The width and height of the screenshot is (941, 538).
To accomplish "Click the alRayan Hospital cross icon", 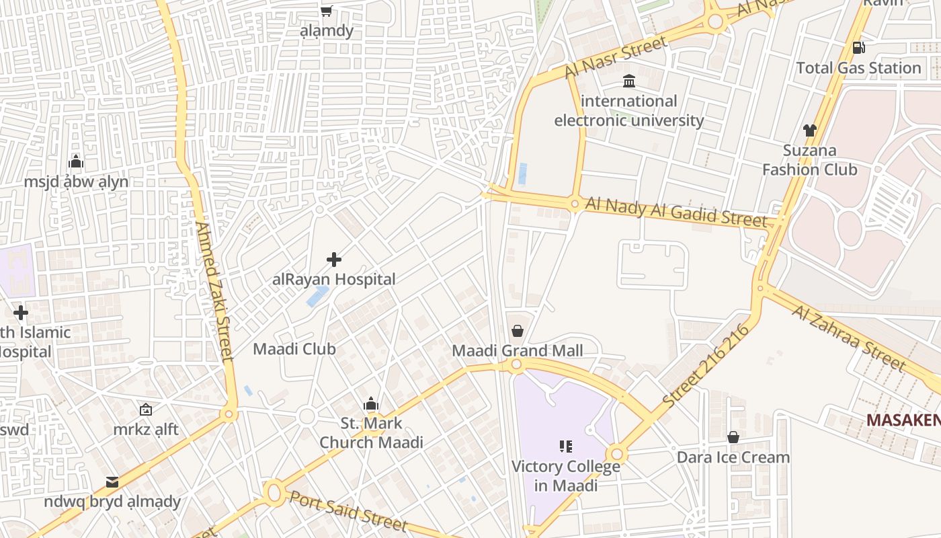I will (334, 260).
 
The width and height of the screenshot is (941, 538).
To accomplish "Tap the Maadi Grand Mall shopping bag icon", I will (518, 331).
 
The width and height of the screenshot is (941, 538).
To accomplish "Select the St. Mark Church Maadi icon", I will (371, 403).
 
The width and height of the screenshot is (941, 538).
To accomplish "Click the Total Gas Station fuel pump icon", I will (858, 47).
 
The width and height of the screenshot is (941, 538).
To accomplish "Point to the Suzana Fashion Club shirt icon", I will (809, 130).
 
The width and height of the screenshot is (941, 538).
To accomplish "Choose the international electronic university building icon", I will (629, 81).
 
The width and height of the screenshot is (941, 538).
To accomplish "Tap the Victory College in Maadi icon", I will (565, 446).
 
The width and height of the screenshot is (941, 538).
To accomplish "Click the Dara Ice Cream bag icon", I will (733, 437).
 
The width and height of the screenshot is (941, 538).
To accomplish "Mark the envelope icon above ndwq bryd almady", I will (112, 482).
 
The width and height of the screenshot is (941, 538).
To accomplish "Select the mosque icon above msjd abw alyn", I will (76, 161).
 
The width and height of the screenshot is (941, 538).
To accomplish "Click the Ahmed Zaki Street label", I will (214, 292).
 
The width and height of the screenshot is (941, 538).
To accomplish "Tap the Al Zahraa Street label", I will (848, 338).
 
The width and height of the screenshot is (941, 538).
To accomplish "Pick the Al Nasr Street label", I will (616, 56).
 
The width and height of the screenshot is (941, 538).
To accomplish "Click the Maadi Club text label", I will (294, 349).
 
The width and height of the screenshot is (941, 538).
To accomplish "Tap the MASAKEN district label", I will (903, 420).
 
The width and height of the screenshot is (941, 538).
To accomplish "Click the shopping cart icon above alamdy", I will (326, 10).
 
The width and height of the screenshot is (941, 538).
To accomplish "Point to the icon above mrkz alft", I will (146, 409).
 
